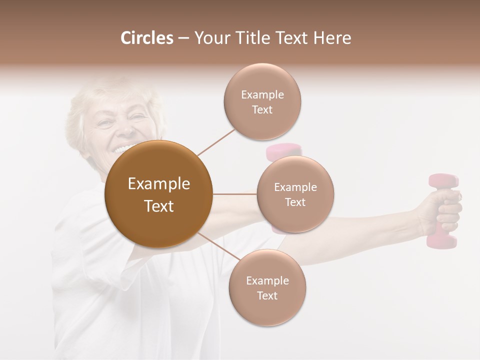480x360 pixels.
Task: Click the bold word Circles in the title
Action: point(147,38)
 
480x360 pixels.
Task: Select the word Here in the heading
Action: point(332,38)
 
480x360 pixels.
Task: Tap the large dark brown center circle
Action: point(159,194)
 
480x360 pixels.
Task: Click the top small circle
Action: point(262,101)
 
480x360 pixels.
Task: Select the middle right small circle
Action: point(295,194)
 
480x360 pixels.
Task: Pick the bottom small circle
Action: point(267,287)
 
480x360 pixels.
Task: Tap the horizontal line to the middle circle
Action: point(235,193)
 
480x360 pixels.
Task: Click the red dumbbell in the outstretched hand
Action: point(442,210)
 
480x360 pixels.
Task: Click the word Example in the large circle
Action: point(159,184)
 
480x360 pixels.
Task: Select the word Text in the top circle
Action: point(262,109)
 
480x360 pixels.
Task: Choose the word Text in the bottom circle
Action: point(267,295)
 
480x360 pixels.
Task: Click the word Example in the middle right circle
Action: point(295,187)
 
